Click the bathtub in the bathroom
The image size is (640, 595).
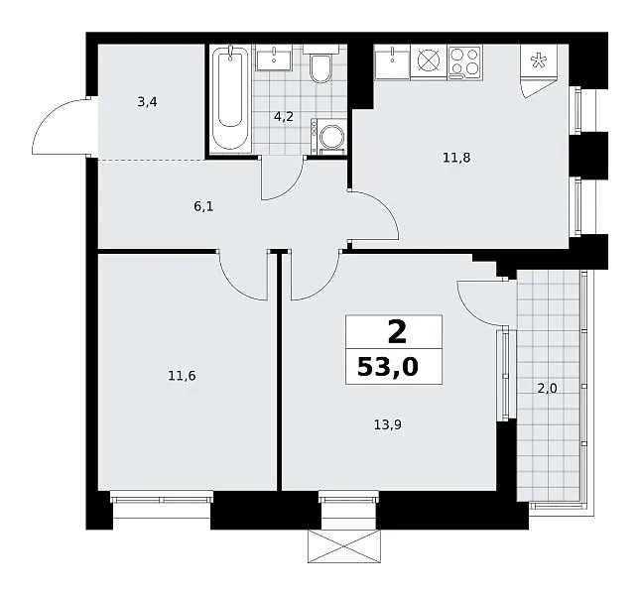tap(230, 99)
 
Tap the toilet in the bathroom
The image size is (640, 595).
tap(320, 64)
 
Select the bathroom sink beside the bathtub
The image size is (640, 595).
tap(274, 58)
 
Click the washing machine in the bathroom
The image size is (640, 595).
tap(329, 136)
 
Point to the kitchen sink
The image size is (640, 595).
tap(392, 61)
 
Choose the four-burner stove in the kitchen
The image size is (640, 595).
tap(465, 61)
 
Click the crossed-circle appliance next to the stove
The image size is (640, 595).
tap(429, 61)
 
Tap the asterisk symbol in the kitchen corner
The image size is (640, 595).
tap(539, 61)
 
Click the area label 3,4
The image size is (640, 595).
tap(147, 102)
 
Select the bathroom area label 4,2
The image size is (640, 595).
tap(284, 117)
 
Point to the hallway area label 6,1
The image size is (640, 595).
tap(203, 206)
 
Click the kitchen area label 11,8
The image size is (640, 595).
tap(456, 158)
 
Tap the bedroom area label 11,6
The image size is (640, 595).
tap(182, 376)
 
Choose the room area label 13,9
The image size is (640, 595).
tap(388, 425)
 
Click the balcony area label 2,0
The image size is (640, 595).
tap(547, 389)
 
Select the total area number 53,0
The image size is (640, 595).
tap(388, 367)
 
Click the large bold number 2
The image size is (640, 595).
tap(397, 332)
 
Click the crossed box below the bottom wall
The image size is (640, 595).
tap(344, 546)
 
